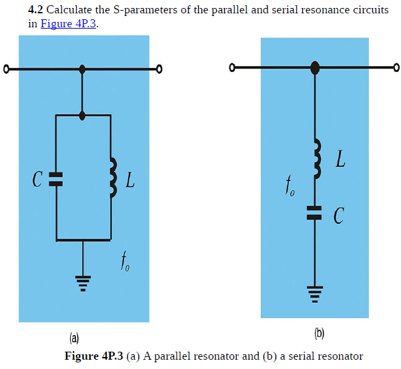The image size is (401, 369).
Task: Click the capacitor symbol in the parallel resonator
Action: (56, 178)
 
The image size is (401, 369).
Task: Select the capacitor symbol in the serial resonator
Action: (314, 212)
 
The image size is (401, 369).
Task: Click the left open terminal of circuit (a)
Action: (6, 69)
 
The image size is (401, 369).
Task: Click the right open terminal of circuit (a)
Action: (159, 69)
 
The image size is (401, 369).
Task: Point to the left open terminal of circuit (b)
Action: (232, 67)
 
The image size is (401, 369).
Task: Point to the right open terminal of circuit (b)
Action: (396, 67)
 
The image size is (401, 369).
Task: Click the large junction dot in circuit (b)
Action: (315, 67)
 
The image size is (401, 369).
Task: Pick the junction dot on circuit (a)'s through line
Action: (83, 69)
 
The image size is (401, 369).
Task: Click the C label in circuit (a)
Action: (37, 179)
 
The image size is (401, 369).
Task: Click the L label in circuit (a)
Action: (131, 179)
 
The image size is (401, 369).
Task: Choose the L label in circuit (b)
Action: (340, 159)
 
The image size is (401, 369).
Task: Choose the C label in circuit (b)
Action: (339, 214)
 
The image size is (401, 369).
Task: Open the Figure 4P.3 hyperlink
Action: (69, 23)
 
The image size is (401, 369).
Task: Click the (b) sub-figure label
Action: (320, 332)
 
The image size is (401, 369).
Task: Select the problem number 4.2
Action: (35, 11)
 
